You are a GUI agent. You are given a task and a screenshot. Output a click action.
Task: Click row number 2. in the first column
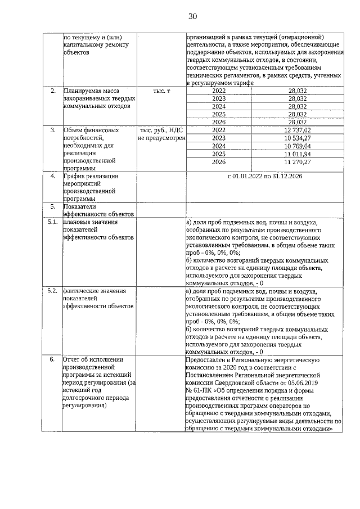pos(53,91)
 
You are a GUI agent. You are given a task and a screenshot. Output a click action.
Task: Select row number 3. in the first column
pos(53,130)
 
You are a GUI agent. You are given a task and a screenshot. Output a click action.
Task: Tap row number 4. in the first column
pos(53,177)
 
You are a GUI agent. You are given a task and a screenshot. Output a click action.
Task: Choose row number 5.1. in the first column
pos(53,222)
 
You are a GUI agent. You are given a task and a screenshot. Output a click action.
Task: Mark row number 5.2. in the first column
pos(53,291)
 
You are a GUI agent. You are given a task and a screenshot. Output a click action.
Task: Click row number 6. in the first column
pos(53,359)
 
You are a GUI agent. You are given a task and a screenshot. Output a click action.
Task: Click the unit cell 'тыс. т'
pos(161,91)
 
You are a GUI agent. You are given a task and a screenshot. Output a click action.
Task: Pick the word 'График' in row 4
pos(74,177)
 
